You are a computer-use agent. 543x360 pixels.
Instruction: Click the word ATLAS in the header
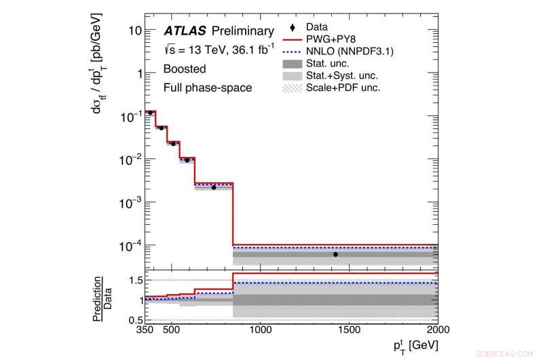[x=185, y=31]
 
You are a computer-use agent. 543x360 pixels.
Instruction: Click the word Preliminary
[x=242, y=31]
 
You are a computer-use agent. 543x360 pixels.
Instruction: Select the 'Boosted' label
[x=185, y=69]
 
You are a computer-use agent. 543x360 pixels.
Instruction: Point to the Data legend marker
[x=292, y=27]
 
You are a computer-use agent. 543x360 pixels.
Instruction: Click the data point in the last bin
[x=335, y=254]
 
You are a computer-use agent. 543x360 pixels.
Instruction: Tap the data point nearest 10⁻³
[x=213, y=187]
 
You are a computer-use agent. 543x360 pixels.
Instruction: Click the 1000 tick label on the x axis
[x=260, y=329]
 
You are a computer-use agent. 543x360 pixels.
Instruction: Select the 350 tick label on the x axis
[x=145, y=329]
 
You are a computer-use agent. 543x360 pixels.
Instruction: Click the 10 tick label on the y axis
[x=135, y=31]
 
